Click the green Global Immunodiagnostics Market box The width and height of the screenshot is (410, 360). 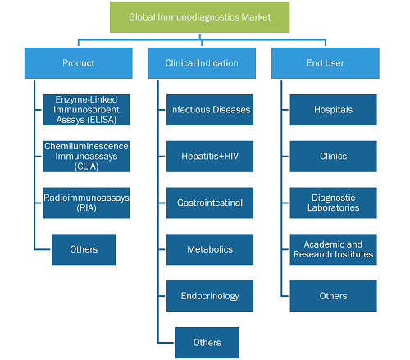pyautogui.click(x=199, y=17)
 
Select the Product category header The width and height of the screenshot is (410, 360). pyautogui.click(x=79, y=63)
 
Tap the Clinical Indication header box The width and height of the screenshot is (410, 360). pyautogui.click(x=202, y=63)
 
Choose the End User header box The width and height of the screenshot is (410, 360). pyautogui.click(x=326, y=63)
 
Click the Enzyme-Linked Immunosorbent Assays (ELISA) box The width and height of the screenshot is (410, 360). pyautogui.click(x=86, y=110)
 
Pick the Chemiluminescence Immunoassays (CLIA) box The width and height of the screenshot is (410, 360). pyautogui.click(x=86, y=157)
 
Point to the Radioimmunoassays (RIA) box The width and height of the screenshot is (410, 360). pyautogui.click(x=86, y=203)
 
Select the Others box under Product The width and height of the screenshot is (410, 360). pyautogui.click(x=84, y=249)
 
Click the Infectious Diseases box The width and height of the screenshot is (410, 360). pyautogui.click(x=210, y=110)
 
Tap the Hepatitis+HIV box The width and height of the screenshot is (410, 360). pyautogui.click(x=210, y=157)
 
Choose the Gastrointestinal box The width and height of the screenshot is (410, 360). pyautogui.click(x=210, y=203)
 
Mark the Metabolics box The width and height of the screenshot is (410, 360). pyautogui.click(x=210, y=249)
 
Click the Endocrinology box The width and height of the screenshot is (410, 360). pyautogui.click(x=210, y=296)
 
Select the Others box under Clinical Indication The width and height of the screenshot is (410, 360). pyautogui.click(x=207, y=343)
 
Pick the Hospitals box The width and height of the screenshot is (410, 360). pyautogui.click(x=334, y=110)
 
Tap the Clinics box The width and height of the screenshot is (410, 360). pyautogui.click(x=334, y=157)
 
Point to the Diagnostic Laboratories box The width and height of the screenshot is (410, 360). pyautogui.click(x=334, y=203)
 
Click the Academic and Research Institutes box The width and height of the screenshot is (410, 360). pyautogui.click(x=334, y=249)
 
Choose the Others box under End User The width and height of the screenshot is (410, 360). pyautogui.click(x=334, y=296)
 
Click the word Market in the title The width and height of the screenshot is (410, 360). pyautogui.click(x=256, y=17)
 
